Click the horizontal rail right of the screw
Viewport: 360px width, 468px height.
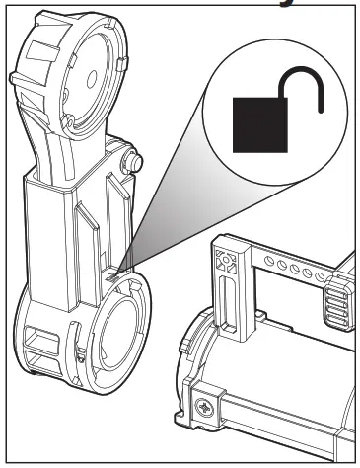(x=286, y=415)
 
